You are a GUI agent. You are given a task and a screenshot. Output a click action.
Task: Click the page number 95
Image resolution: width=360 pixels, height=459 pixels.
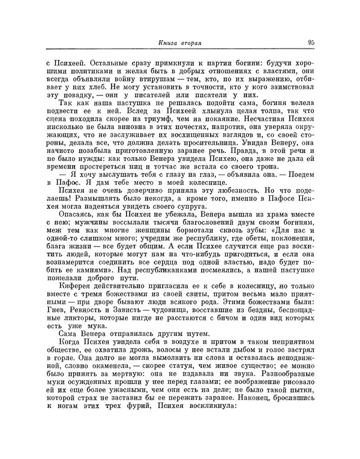pos(311,42)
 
